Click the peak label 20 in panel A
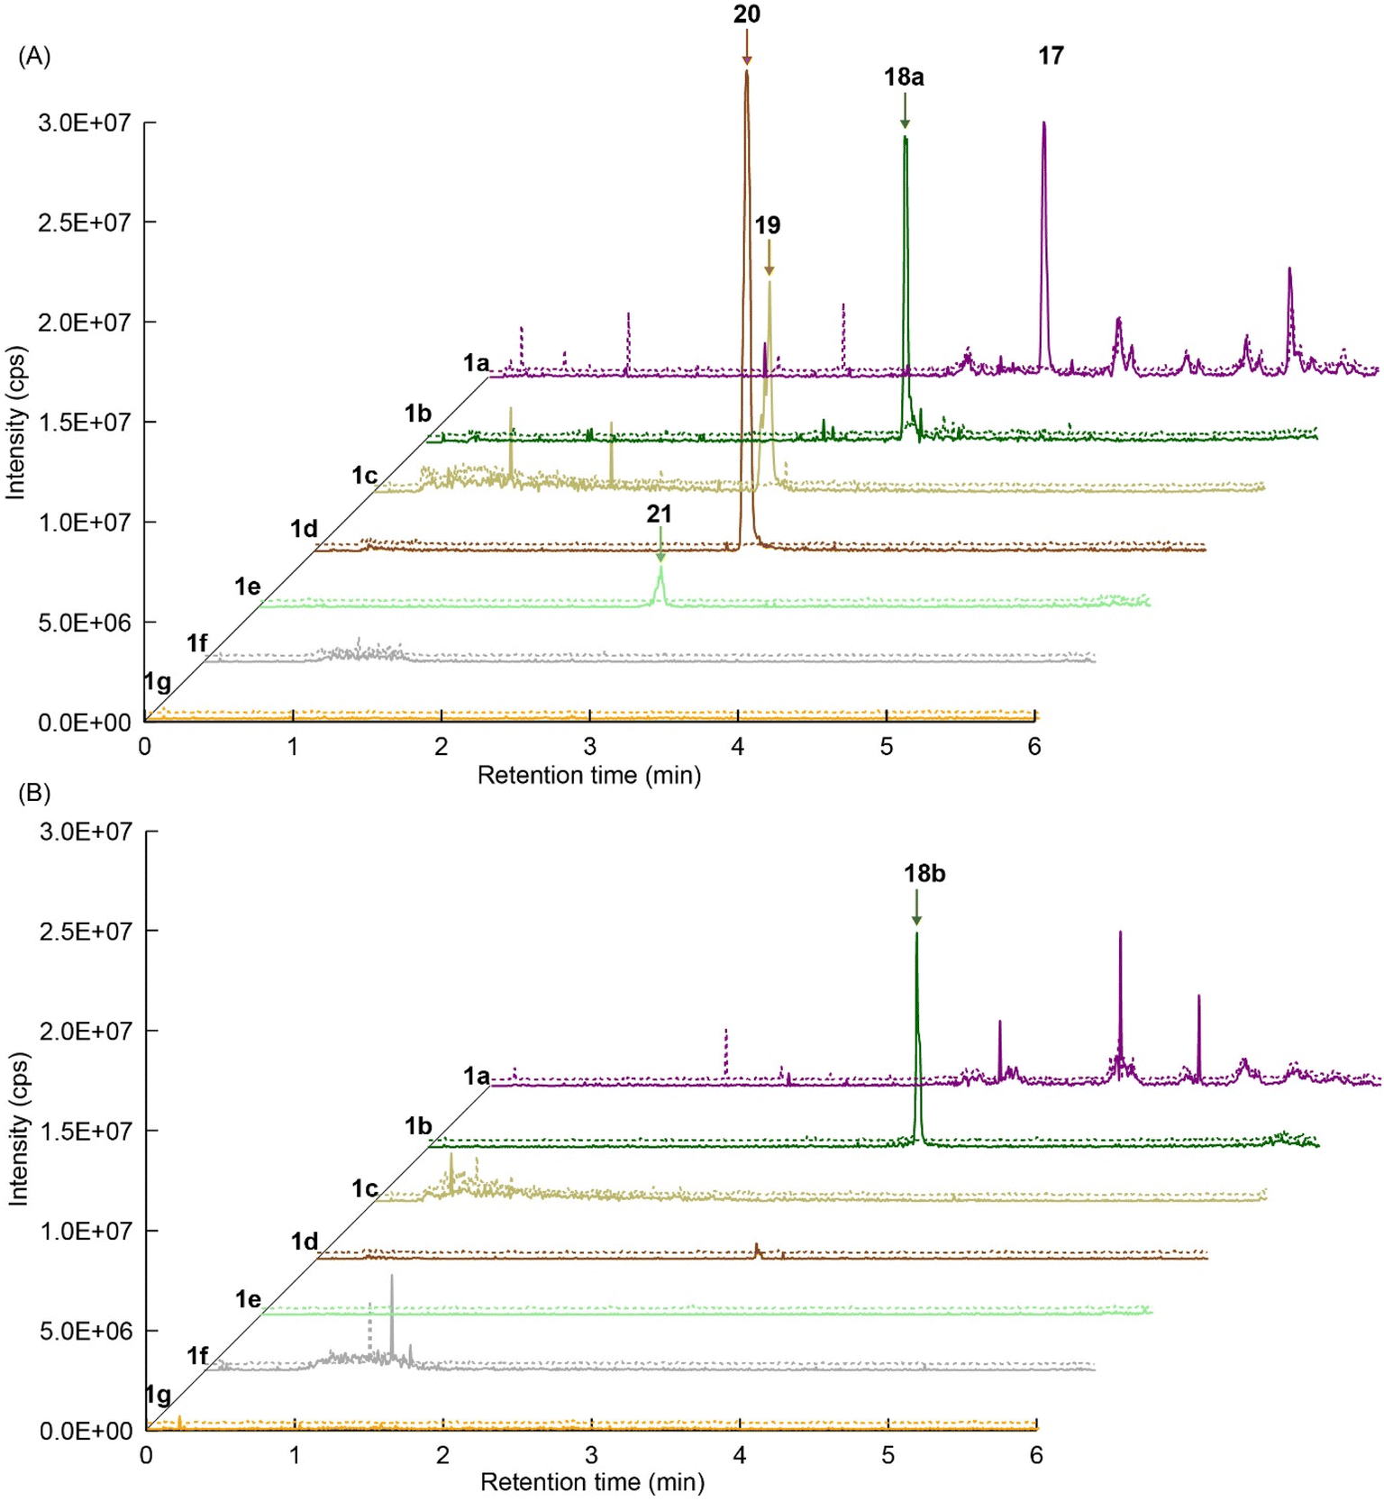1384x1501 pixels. (x=746, y=14)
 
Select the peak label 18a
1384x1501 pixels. (x=903, y=77)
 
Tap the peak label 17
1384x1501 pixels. (x=1051, y=56)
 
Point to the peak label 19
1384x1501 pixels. (x=767, y=225)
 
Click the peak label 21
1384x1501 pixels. (x=659, y=514)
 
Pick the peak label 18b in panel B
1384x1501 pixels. (x=924, y=873)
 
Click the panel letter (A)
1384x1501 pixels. (x=34, y=56)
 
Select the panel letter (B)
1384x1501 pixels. (x=34, y=793)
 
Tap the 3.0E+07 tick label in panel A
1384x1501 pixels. (x=85, y=123)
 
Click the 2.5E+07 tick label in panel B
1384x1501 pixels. (x=86, y=931)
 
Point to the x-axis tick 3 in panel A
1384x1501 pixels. (x=589, y=747)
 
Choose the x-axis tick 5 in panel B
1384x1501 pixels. (x=888, y=1455)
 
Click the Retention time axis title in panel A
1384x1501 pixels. (x=588, y=775)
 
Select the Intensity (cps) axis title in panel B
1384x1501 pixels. (x=17, y=1129)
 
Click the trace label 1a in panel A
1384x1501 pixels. (x=476, y=363)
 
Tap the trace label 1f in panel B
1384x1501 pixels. (x=197, y=1355)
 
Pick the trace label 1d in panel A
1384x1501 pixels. (x=304, y=529)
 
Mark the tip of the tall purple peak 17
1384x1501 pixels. (x=1043, y=123)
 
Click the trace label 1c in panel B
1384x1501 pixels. (x=364, y=1188)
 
